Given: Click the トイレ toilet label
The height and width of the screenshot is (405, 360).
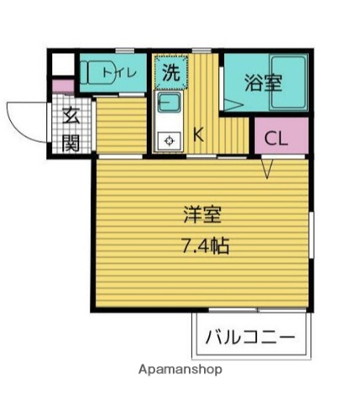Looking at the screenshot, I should click(x=120, y=73).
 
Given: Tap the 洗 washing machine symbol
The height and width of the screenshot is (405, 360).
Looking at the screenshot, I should click(x=170, y=73).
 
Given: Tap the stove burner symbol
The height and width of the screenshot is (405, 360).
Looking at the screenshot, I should click(x=169, y=140).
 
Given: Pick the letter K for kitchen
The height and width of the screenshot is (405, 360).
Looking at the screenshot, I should click(x=199, y=133).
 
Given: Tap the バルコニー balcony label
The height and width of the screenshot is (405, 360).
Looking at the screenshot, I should click(x=250, y=339).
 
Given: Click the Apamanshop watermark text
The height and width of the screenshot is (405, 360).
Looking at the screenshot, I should click(x=180, y=370).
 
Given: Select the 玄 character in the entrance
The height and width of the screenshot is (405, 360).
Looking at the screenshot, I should click(x=71, y=117).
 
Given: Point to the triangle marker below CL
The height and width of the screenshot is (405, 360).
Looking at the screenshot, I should click(x=267, y=170).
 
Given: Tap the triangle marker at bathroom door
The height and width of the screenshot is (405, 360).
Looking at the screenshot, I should click(x=231, y=103).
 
